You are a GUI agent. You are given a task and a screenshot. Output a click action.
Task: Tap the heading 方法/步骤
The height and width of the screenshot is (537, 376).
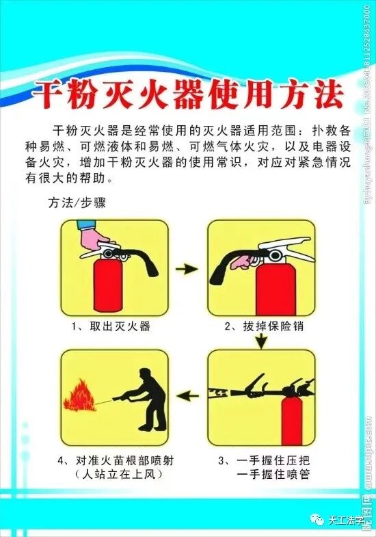(x=76, y=202)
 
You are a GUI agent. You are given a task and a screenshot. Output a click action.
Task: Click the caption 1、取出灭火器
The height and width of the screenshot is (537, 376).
(x=111, y=326)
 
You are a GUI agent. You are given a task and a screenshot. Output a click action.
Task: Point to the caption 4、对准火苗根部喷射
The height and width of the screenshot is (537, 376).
(x=114, y=459)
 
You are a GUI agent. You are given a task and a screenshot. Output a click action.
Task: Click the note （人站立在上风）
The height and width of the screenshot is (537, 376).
(x=113, y=474)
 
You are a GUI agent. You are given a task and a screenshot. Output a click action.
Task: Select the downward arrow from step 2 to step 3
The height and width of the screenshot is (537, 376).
(x=261, y=341)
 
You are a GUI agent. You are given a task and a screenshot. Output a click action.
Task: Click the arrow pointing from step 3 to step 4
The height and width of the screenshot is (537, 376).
(x=189, y=394)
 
